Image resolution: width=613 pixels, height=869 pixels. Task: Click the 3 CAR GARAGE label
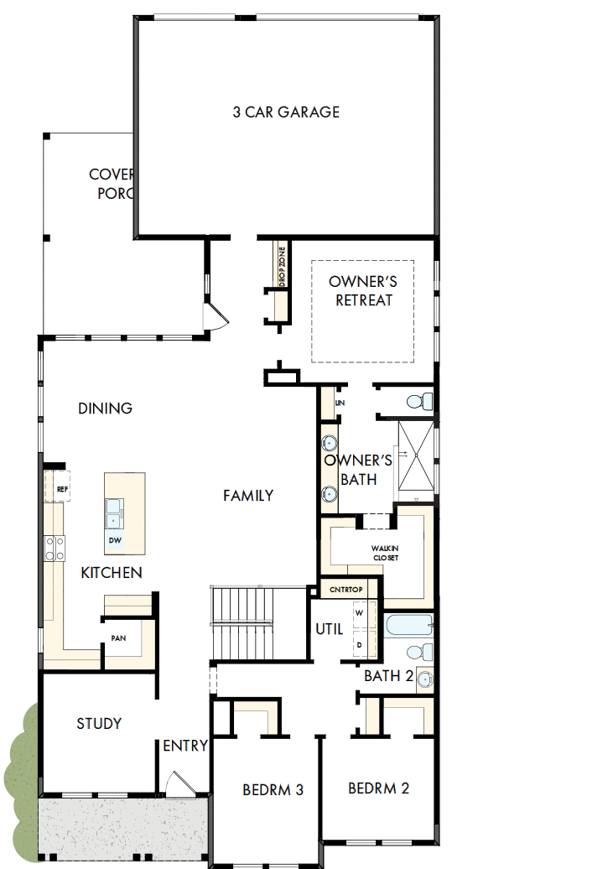click(286, 112)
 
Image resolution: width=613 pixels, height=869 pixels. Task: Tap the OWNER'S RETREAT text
click(363, 290)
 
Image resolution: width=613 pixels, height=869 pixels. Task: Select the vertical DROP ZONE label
click(283, 267)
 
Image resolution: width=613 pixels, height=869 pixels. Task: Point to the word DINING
click(105, 408)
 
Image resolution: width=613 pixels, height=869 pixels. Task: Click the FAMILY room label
click(247, 496)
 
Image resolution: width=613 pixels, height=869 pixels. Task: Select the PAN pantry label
click(118, 638)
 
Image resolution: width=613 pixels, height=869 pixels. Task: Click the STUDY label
click(99, 723)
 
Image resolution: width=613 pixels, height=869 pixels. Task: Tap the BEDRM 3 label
click(273, 789)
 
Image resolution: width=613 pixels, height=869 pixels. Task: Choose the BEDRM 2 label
click(378, 788)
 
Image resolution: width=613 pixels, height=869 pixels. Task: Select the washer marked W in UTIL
click(360, 613)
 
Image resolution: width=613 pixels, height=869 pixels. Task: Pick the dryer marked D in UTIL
click(360, 643)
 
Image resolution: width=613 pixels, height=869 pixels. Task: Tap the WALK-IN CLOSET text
click(385, 553)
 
